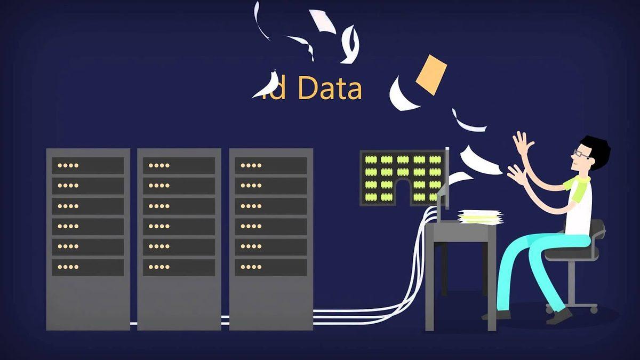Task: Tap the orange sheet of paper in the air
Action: pyautogui.click(x=431, y=74)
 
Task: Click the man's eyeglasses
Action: pyautogui.click(x=581, y=154)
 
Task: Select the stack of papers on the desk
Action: pyautogui.click(x=479, y=217)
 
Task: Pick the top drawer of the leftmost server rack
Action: pyautogui.click(x=87, y=165)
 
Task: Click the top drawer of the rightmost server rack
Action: pyautogui.click(x=271, y=165)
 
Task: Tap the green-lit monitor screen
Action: pyautogui.click(x=403, y=178)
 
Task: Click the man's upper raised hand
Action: pyautogui.click(x=523, y=143)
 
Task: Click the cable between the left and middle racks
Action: pyautogui.click(x=133, y=323)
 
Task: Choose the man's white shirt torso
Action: pyautogui.click(x=580, y=211)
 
